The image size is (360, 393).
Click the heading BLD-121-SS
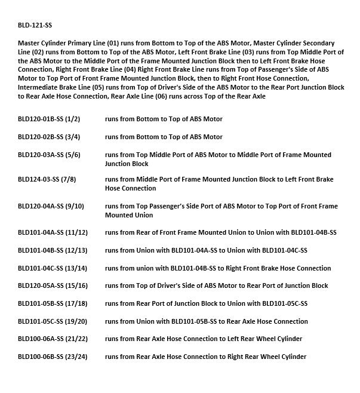(x=39, y=26)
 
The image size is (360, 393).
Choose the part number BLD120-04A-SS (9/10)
(x=51, y=206)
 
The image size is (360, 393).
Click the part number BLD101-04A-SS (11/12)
(x=53, y=232)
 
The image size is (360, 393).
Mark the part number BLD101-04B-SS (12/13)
(x=53, y=250)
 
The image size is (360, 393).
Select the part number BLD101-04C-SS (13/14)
(x=53, y=268)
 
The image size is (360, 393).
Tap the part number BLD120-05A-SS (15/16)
(x=53, y=285)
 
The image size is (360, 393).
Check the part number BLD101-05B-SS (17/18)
(x=53, y=303)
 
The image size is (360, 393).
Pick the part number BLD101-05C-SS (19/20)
(x=53, y=321)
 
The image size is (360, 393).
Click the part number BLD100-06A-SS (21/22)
(x=53, y=339)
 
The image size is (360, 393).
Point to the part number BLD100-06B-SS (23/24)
(x=53, y=357)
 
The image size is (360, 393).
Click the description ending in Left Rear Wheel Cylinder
(x=203, y=339)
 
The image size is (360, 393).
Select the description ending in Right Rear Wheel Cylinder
(x=205, y=357)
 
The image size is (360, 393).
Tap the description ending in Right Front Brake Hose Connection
(x=217, y=268)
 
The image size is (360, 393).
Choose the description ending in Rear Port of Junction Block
(x=216, y=285)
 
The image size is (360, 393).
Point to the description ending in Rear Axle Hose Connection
(x=206, y=321)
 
